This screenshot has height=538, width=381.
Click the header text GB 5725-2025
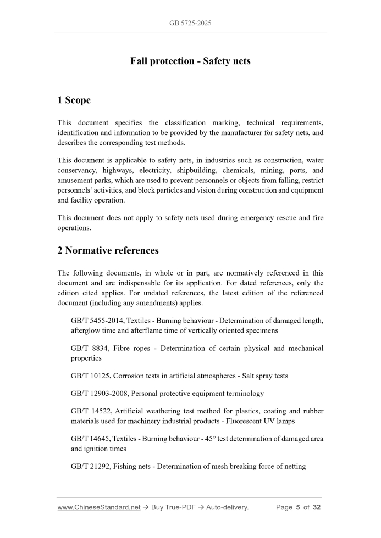(190, 23)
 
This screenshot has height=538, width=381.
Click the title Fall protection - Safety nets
(190, 61)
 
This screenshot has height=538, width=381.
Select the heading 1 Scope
(74, 100)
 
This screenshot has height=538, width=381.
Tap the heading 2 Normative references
(108, 250)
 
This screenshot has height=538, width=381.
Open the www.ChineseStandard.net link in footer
(100, 507)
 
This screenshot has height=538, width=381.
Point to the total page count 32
(316, 507)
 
